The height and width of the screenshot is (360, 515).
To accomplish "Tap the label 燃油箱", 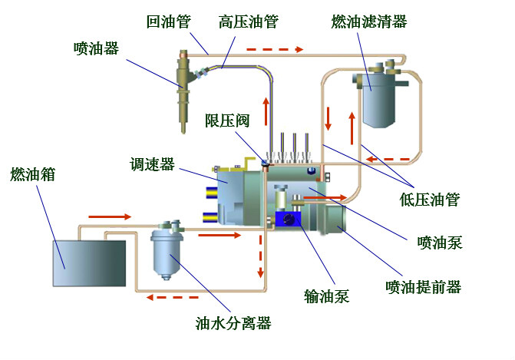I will (32, 174).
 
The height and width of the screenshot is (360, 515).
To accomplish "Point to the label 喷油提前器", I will (423, 287).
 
